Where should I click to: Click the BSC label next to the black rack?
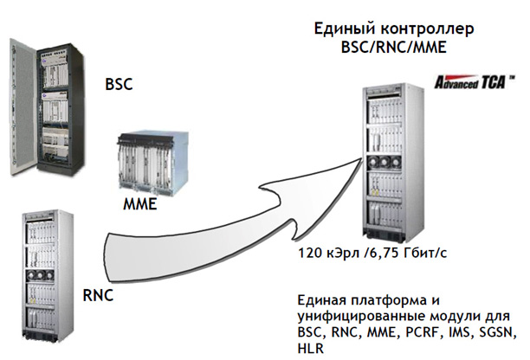tap(122, 87)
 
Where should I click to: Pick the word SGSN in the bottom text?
tap(496, 331)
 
